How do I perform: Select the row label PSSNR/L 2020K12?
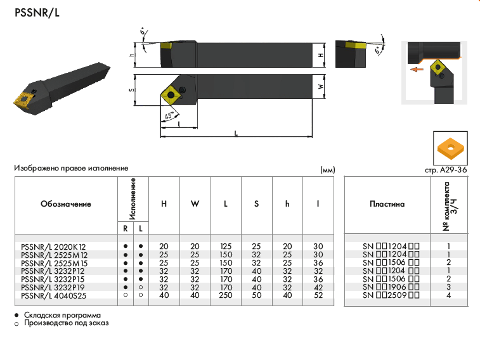click(x=53, y=246)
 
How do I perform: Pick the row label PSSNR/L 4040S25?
click(x=53, y=295)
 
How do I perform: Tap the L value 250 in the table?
click(x=226, y=295)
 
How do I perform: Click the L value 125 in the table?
click(x=226, y=246)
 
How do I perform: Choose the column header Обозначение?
click(x=66, y=204)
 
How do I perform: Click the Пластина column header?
click(x=387, y=204)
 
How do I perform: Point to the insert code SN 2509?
click(x=387, y=295)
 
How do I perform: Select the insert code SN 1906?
click(x=387, y=287)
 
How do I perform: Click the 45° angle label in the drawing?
click(x=169, y=116)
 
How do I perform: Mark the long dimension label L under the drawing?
click(x=236, y=132)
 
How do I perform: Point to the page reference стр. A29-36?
click(x=446, y=170)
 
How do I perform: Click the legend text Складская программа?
click(x=62, y=315)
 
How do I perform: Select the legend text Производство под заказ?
click(x=66, y=323)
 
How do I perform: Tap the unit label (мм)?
click(x=327, y=170)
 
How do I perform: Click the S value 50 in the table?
click(x=256, y=295)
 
